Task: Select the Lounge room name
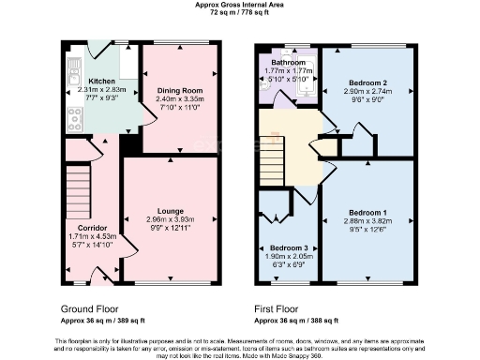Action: [x=170, y=211]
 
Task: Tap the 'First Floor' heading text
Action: [x=278, y=307]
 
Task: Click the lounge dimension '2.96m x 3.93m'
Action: [x=170, y=219]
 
